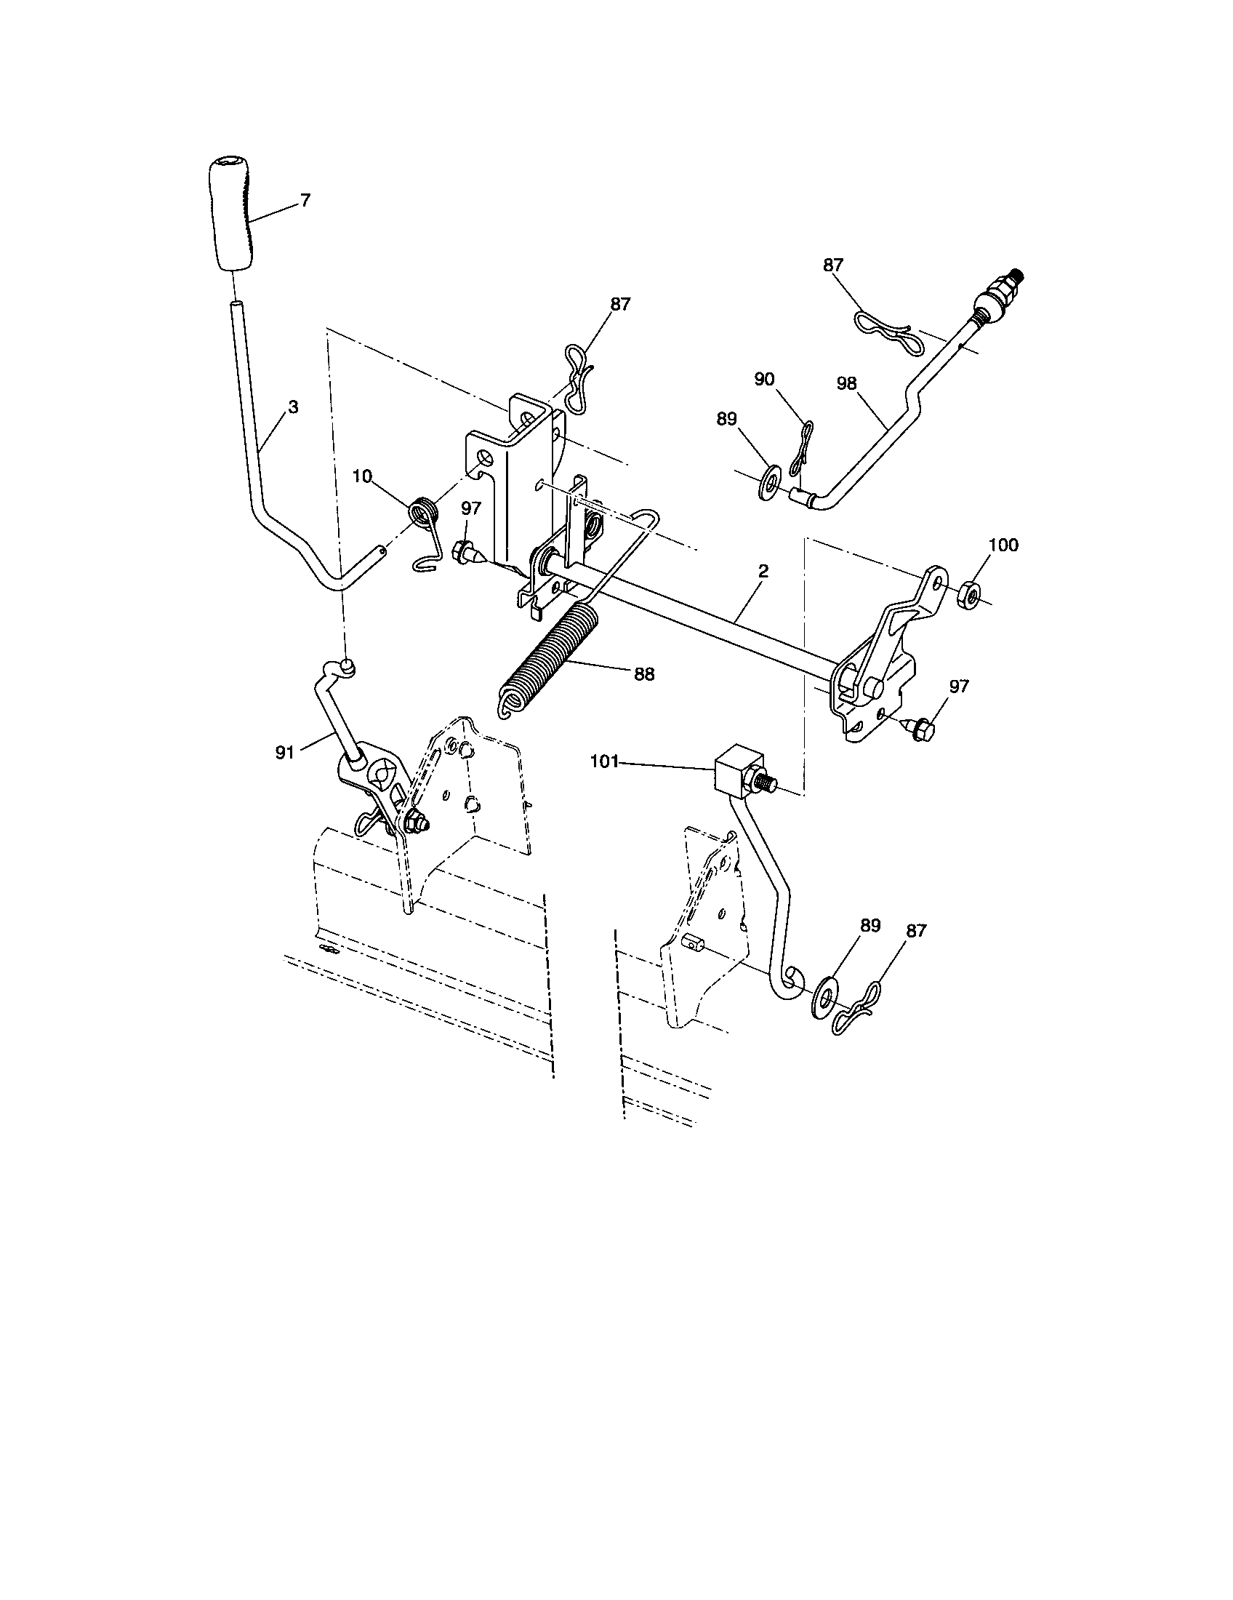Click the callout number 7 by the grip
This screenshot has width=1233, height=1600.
(305, 200)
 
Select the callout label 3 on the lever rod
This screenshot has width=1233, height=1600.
(293, 407)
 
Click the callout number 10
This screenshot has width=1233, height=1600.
(362, 477)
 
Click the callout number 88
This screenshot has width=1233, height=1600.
(644, 674)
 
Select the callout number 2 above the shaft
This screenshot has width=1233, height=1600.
(763, 572)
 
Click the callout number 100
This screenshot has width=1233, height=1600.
(1003, 545)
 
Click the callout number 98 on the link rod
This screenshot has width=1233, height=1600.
(846, 384)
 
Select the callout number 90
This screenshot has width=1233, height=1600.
(763, 380)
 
